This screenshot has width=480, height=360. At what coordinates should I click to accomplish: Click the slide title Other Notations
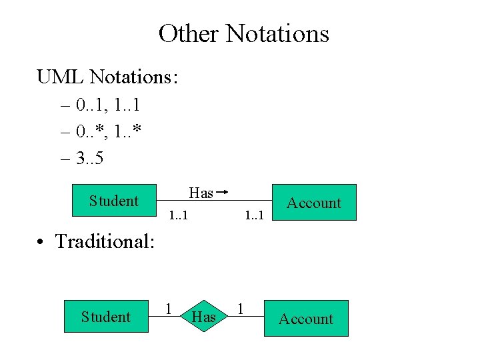(x=243, y=33)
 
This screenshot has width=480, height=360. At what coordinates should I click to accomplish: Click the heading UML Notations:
(x=107, y=77)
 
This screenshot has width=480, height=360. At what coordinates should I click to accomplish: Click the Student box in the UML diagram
(x=114, y=201)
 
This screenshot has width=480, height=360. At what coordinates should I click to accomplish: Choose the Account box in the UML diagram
(x=313, y=203)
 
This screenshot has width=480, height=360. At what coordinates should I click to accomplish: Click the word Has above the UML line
(x=201, y=193)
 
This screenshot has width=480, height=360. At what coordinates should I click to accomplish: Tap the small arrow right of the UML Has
(x=223, y=193)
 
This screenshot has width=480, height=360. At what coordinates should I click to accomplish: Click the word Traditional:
(x=105, y=241)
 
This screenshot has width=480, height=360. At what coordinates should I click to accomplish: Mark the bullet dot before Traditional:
(x=41, y=241)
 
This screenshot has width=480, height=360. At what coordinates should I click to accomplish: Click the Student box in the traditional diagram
(x=106, y=317)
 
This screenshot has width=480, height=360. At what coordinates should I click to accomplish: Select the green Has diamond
(x=203, y=317)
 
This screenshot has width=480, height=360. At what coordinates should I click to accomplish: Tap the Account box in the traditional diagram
(x=305, y=319)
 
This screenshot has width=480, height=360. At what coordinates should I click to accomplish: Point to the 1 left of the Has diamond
(x=169, y=309)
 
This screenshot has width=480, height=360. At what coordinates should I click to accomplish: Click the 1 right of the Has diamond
(x=241, y=309)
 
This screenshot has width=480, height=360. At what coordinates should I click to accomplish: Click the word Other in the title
(x=189, y=33)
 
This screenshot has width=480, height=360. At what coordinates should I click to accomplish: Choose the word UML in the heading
(x=61, y=77)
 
